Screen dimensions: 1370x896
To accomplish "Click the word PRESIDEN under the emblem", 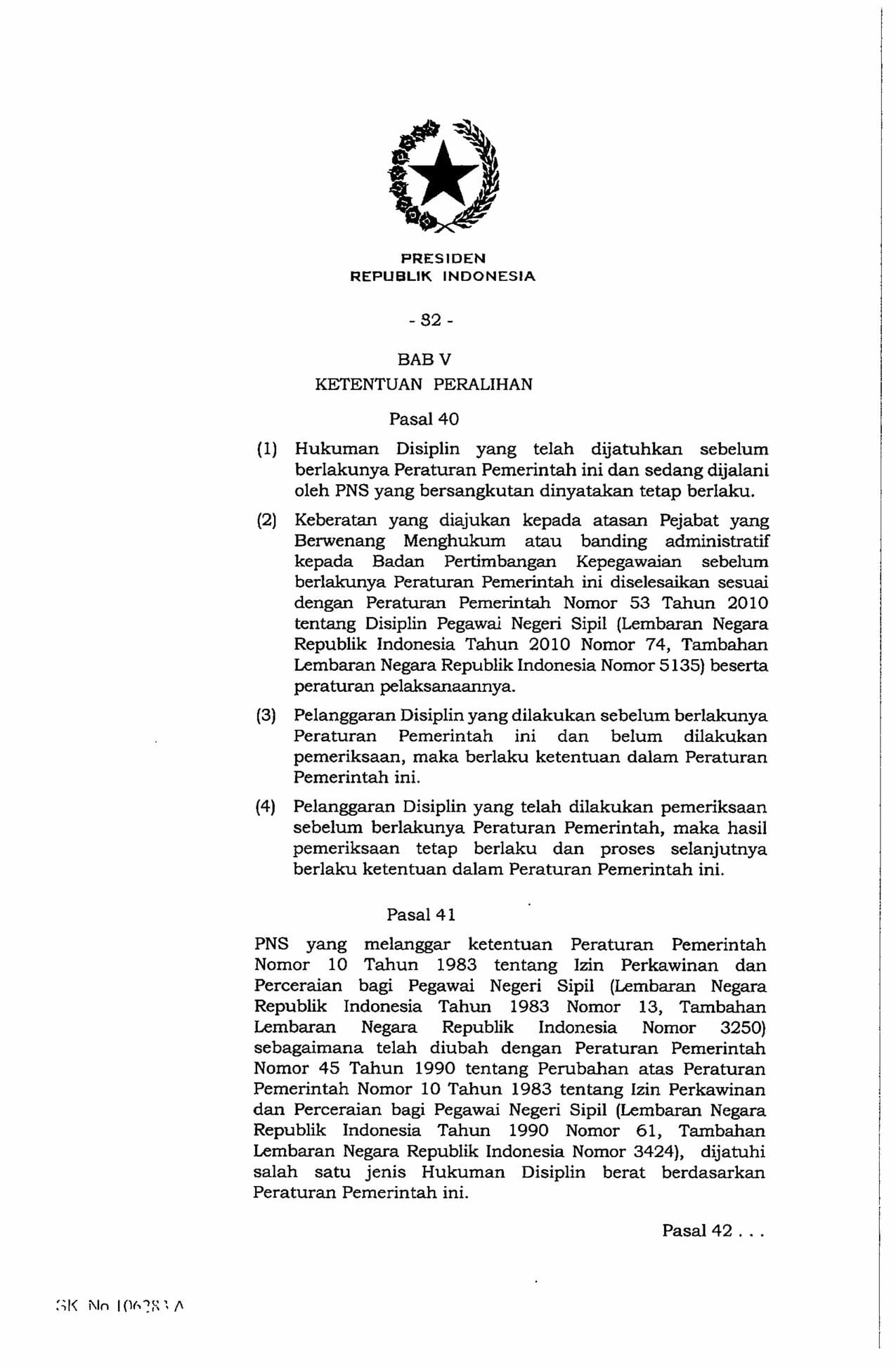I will click(x=443, y=258).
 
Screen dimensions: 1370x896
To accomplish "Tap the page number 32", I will click(x=430, y=320).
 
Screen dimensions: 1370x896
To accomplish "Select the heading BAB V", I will click(x=424, y=360).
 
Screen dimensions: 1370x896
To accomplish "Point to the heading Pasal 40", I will click(x=424, y=419).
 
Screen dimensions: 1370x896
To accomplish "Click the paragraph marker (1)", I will click(x=266, y=449).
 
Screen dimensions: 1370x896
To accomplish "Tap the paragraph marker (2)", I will click(x=266, y=521).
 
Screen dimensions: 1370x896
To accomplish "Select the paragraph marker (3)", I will click(x=266, y=716).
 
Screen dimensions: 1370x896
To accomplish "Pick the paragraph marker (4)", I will click(x=266, y=807).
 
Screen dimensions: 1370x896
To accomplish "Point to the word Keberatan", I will click(x=337, y=521).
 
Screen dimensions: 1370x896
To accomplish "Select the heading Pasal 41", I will click(x=421, y=915).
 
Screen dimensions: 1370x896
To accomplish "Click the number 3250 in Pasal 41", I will click(x=740, y=1027).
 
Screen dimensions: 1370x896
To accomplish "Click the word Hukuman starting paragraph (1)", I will click(x=336, y=449).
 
